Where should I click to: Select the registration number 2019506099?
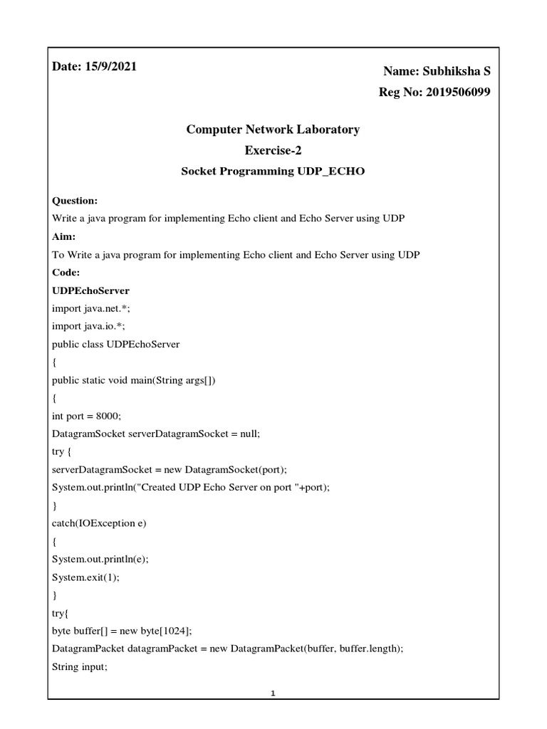(453, 93)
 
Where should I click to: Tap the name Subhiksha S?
(457, 71)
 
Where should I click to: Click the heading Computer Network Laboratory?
(273, 130)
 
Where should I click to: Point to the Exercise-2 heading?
(273, 150)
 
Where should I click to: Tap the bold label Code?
(66, 273)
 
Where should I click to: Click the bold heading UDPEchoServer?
(90, 290)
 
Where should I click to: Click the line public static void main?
(133, 380)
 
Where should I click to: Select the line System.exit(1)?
(85, 577)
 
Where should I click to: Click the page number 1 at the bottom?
(273, 694)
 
